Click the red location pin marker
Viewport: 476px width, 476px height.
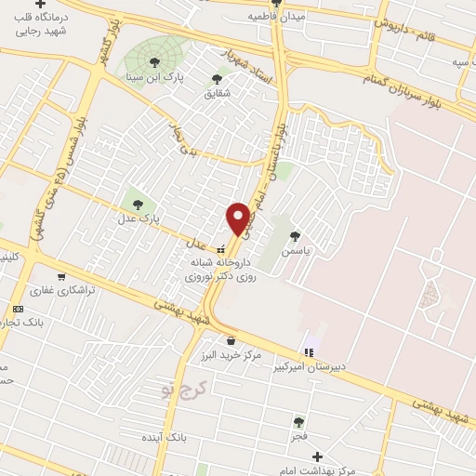238,218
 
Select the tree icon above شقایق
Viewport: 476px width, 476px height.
218,79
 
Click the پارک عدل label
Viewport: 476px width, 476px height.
138,218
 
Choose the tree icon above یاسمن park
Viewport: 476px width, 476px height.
296,236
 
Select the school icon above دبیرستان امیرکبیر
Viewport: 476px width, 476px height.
310,351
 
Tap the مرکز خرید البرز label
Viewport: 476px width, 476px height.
230,356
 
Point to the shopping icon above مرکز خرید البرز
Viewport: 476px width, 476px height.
230,340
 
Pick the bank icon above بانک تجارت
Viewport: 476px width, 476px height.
18,309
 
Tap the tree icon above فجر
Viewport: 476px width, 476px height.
298,421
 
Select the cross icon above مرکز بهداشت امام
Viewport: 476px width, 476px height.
318,456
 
